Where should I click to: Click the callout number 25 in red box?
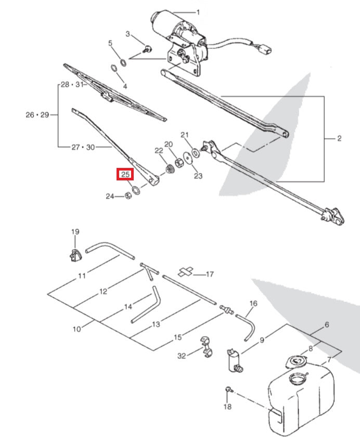point(125,175)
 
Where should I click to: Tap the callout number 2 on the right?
point(339,138)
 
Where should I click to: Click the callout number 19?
point(75,232)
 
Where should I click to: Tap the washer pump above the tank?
point(233,359)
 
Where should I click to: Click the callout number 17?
point(210,274)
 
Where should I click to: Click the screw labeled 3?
point(147,50)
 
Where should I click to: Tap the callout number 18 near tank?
point(227,407)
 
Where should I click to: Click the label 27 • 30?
point(83,147)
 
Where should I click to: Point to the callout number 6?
point(327,325)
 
